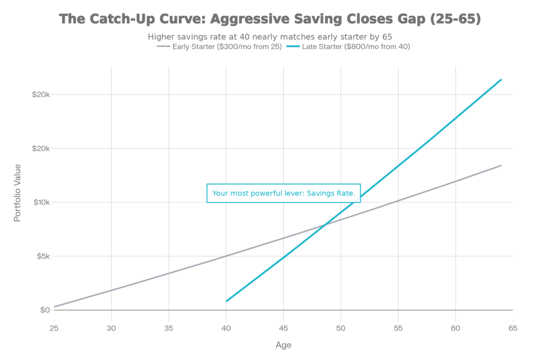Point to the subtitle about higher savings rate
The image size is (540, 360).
click(269, 37)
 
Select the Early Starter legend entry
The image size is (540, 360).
click(220, 46)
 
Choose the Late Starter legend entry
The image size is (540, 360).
click(348, 46)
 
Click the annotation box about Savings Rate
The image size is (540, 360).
click(284, 193)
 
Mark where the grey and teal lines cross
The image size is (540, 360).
click(325, 225)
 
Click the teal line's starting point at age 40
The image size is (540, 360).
click(226, 301)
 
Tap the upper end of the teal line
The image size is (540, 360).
click(502, 79)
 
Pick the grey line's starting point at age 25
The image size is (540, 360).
click(54, 306)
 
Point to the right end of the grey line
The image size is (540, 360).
click(502, 166)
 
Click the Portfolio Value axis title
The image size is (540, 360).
click(18, 192)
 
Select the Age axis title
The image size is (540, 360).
click(283, 345)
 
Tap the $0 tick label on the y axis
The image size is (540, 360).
click(44, 310)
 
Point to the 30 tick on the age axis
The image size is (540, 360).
click(111, 328)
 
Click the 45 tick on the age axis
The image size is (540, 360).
click(283, 328)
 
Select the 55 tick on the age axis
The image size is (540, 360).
click(398, 328)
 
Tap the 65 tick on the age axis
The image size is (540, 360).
click(513, 328)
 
